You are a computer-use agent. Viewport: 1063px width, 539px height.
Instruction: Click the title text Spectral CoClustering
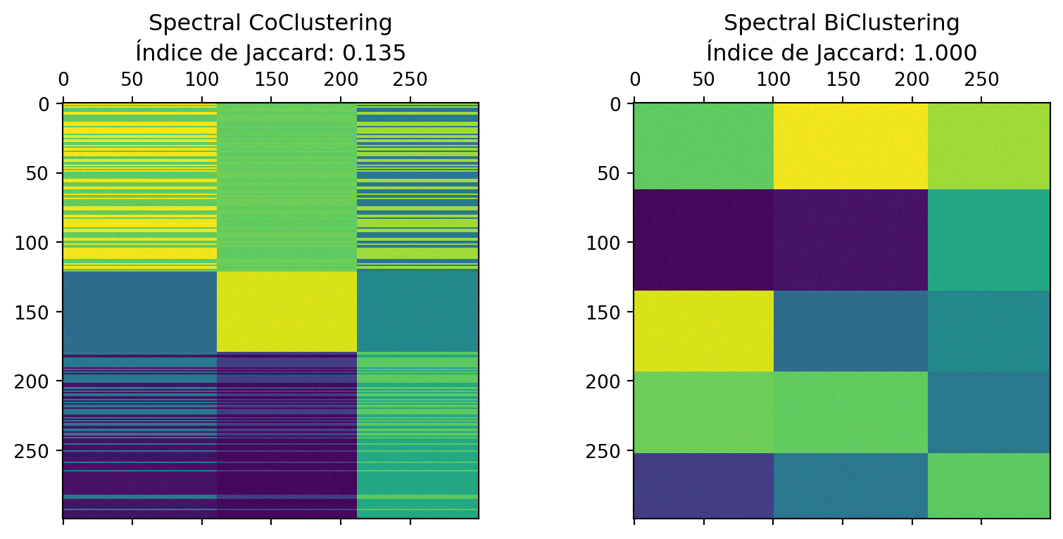270,23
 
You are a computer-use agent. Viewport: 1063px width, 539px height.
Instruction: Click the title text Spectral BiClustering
841,23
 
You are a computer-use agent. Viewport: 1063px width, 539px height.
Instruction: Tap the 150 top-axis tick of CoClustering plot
271,79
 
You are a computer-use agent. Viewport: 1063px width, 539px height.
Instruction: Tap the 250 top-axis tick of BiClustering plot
981,79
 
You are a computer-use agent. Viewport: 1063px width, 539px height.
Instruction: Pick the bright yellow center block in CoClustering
287,311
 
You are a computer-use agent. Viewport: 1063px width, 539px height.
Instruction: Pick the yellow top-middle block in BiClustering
850,146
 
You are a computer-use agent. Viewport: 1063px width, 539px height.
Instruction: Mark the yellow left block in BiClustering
703,331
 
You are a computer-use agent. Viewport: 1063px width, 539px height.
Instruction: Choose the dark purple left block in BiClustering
703,239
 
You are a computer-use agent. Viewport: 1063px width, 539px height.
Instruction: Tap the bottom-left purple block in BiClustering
703,486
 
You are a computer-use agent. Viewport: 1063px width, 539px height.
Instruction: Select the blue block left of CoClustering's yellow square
139,311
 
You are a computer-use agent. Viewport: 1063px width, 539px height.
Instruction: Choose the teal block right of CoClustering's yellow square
417,311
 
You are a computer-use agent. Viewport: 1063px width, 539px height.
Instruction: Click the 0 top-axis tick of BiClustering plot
634,79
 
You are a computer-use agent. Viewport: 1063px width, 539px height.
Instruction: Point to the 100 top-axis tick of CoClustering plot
202,79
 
